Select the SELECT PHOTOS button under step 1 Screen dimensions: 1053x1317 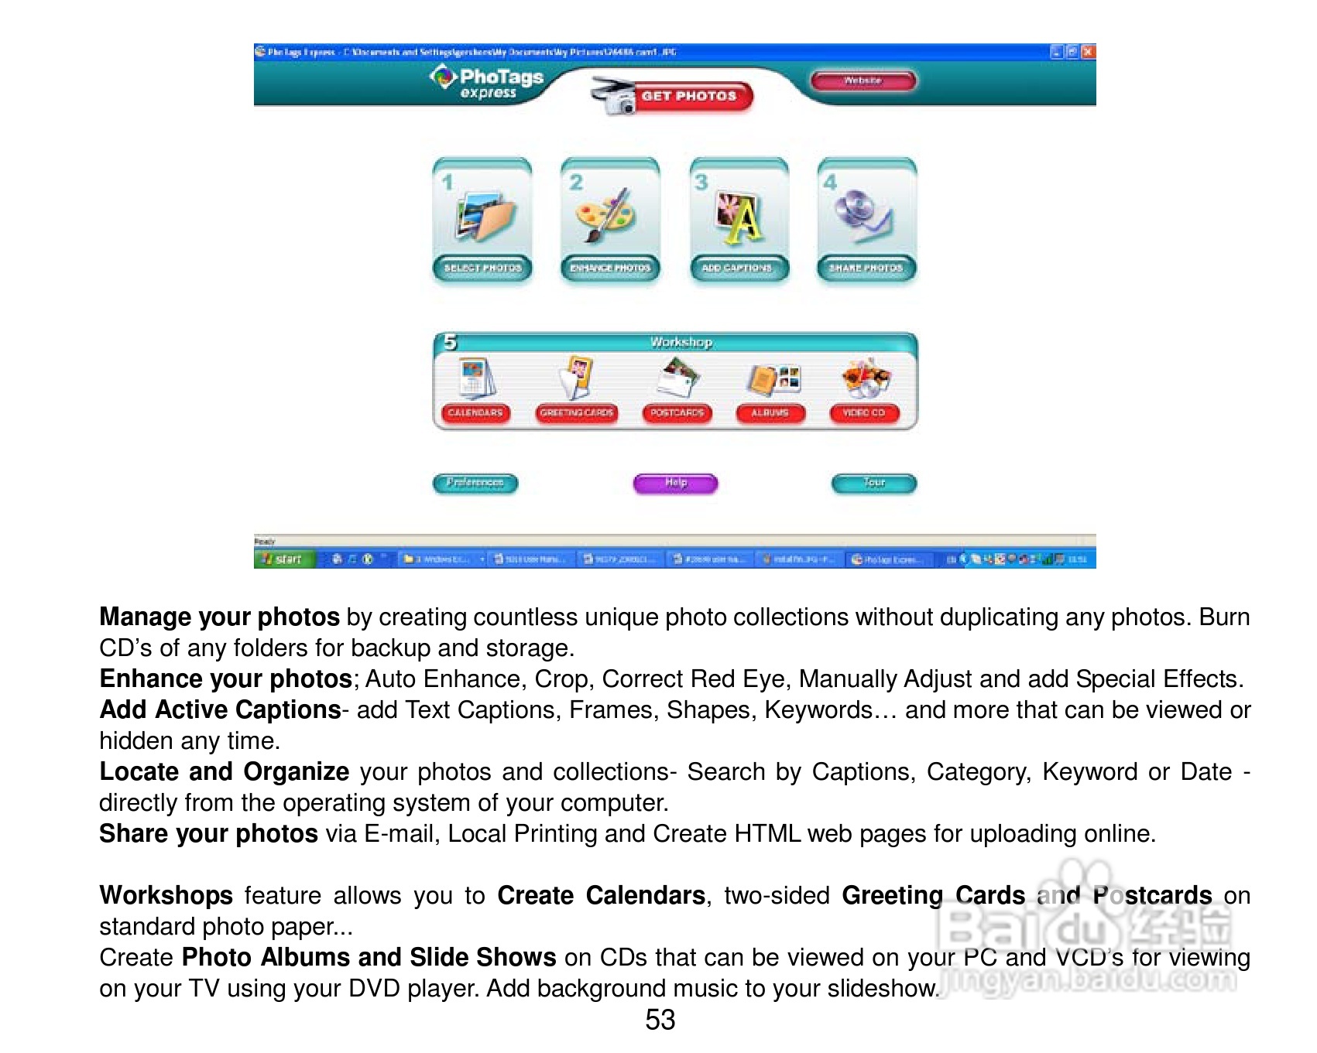click(x=482, y=268)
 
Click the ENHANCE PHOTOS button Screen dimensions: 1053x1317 click(x=610, y=268)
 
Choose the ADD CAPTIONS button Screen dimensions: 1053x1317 click(x=737, y=268)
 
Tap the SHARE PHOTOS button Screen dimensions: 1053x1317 click(x=866, y=268)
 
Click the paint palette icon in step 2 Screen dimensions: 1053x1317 click(x=606, y=216)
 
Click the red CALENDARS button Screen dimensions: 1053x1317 click(x=475, y=413)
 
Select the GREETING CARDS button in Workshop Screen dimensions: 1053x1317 click(x=577, y=413)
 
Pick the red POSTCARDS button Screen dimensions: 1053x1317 click(x=677, y=413)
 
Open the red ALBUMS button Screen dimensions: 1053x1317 click(x=770, y=413)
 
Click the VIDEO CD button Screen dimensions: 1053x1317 click(x=864, y=413)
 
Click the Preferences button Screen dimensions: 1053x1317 click(x=475, y=484)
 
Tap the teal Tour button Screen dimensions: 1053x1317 click(x=873, y=484)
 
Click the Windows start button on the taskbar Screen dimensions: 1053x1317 click(x=283, y=559)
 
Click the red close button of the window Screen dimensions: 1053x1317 click(x=1088, y=52)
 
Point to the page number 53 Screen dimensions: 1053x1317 click(x=660, y=1020)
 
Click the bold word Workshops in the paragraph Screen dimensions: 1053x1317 click(x=166, y=895)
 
